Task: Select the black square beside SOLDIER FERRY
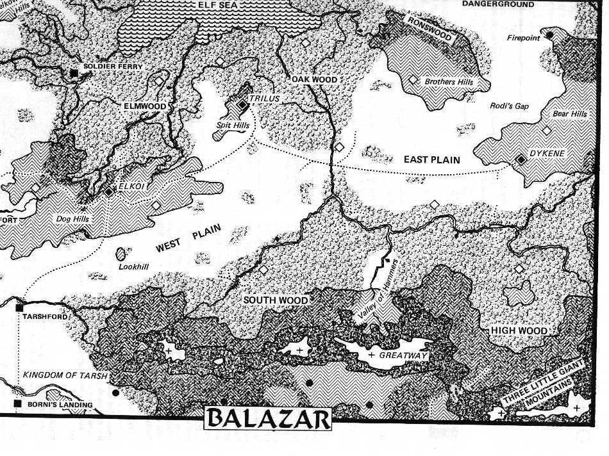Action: [74, 74]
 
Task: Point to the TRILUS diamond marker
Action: [242, 104]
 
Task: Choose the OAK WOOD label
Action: [314, 79]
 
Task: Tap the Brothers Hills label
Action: [449, 82]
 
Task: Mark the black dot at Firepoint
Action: [549, 33]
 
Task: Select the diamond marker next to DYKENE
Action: [520, 159]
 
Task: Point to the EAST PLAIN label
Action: [431, 160]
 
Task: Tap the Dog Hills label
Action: [73, 219]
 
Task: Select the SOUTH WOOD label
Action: [276, 300]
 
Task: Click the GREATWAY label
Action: [403, 355]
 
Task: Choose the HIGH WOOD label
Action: [519, 330]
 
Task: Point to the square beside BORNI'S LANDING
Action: [17, 404]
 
